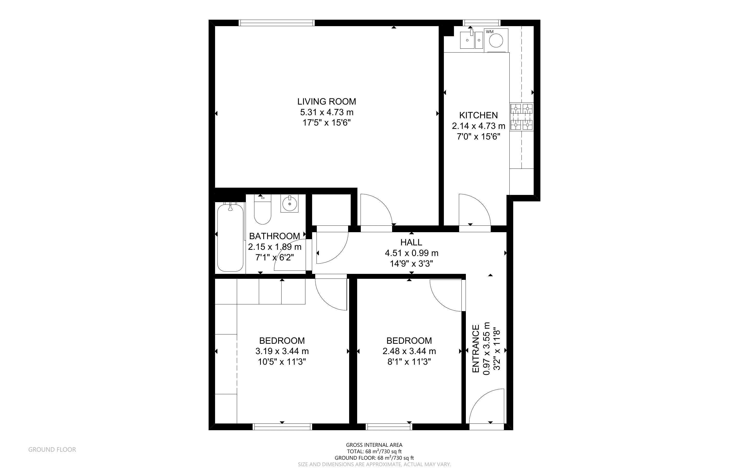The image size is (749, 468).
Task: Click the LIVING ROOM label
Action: (x=326, y=101)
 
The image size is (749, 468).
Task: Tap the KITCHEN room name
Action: (x=478, y=115)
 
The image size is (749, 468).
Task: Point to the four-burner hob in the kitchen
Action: (x=521, y=117)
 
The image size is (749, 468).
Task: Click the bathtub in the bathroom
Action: (x=230, y=237)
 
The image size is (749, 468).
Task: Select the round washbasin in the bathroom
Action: (x=290, y=204)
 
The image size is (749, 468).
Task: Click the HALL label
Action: (x=411, y=242)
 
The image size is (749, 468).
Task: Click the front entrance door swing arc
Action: (x=486, y=405)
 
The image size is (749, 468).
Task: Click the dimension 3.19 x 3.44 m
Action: (x=282, y=351)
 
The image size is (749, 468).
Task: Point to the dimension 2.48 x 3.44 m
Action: (x=409, y=351)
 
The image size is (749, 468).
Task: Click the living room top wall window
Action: (x=277, y=23)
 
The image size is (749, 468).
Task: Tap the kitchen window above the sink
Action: (x=482, y=23)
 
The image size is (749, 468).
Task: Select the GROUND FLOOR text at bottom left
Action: (x=52, y=449)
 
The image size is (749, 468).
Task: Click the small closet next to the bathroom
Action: (x=331, y=210)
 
